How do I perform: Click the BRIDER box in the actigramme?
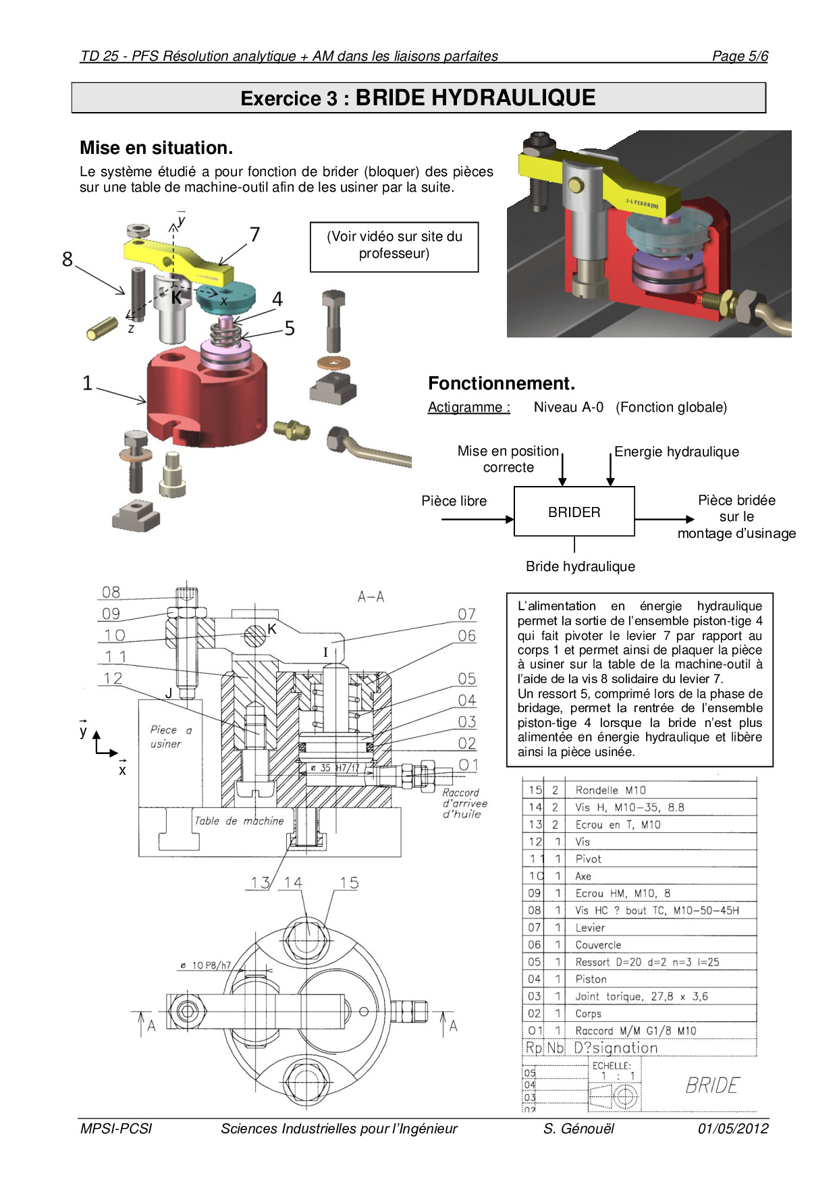574,512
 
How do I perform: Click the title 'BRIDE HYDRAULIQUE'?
475,98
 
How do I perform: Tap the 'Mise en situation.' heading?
156,148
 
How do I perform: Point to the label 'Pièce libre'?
454,501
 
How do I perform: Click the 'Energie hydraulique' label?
676,452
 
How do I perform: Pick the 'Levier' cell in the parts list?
590,927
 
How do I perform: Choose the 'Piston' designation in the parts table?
591,979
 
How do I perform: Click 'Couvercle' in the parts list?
598,945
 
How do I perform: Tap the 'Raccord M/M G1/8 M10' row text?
635,1031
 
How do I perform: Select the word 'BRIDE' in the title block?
712,1085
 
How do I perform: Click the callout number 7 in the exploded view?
254,234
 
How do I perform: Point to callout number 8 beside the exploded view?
67,259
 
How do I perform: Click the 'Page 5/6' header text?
740,56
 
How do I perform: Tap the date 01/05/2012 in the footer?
733,1129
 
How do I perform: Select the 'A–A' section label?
371,597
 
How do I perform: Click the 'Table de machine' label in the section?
239,821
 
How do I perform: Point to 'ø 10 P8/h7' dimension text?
205,965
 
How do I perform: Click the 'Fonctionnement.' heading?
502,383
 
